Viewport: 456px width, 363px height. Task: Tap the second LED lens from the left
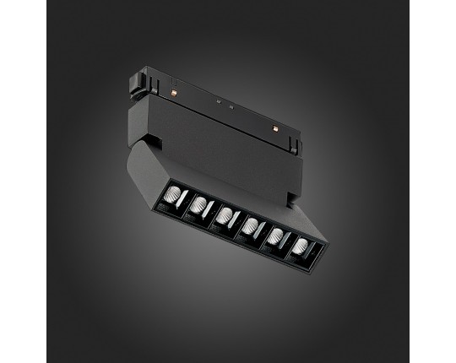(x=198, y=203)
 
